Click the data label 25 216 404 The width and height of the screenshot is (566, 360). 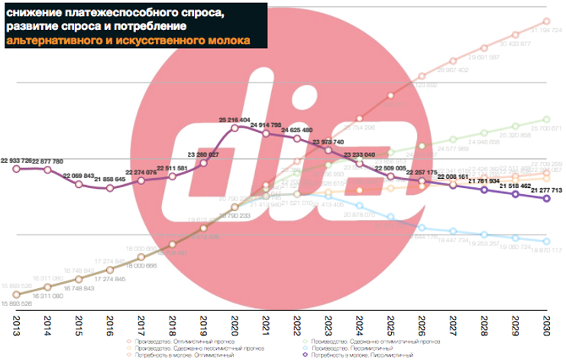click(x=234, y=120)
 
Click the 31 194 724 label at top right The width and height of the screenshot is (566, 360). click(x=545, y=30)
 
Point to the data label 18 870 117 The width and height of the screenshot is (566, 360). click(x=545, y=250)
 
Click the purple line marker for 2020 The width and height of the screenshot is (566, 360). click(x=234, y=131)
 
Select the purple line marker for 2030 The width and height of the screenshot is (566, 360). click(x=546, y=199)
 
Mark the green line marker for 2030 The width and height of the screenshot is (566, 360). click(x=546, y=118)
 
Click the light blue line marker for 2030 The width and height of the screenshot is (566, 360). click(x=546, y=240)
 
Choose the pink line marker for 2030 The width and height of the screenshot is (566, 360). click(x=546, y=21)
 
